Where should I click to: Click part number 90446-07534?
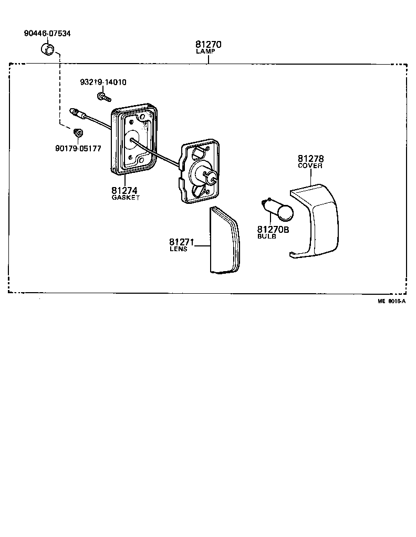click(47, 33)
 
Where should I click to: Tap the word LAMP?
click(209, 52)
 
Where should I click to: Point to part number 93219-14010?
click(103, 82)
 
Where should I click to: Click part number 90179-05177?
click(78, 148)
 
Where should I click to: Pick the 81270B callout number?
click(273, 230)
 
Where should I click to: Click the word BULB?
click(267, 237)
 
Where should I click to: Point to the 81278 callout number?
click(310, 158)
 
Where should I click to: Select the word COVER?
click(310, 166)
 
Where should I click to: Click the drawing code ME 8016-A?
click(391, 301)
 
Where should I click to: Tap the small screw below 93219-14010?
click(104, 97)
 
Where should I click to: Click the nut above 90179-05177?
click(78, 131)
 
